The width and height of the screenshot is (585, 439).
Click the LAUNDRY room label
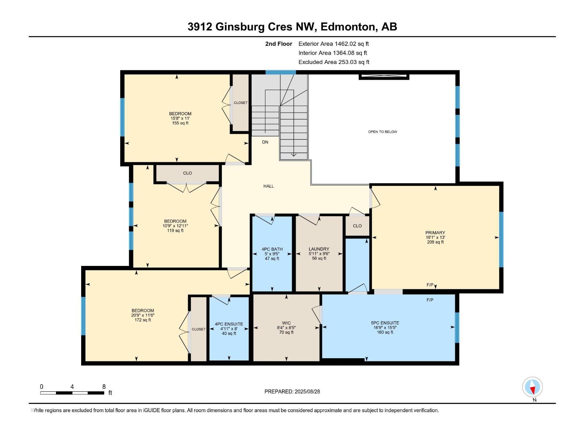pyautogui.click(x=319, y=249)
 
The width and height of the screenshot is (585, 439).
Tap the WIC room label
pyautogui.click(x=286, y=323)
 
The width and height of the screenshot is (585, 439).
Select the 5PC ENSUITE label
pyautogui.click(x=385, y=323)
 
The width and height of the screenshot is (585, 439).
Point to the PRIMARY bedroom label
pyautogui.click(x=435, y=233)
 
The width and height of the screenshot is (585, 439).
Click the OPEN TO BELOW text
pyautogui.click(x=382, y=132)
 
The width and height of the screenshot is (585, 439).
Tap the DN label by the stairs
pyautogui.click(x=265, y=142)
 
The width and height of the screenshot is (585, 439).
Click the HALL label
pyautogui.click(x=269, y=186)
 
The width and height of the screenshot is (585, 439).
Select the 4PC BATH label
pyautogui.click(x=272, y=249)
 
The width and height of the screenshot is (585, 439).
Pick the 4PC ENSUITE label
pyautogui.click(x=229, y=324)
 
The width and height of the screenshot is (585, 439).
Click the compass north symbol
pyautogui.click(x=533, y=387)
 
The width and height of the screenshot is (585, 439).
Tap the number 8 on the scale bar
pyautogui.click(x=104, y=387)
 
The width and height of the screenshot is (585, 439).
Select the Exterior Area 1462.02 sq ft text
pyautogui.click(x=333, y=44)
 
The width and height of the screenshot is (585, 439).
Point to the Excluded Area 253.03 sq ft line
pyautogui.click(x=333, y=62)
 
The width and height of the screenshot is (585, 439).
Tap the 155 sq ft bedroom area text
pyautogui.click(x=180, y=123)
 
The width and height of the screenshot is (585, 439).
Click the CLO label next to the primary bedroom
pyautogui.click(x=357, y=226)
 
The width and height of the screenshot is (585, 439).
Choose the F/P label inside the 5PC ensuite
pyautogui.click(x=430, y=300)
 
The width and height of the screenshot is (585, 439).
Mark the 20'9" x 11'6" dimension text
pyautogui.click(x=143, y=315)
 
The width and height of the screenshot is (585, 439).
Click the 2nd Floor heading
pyautogui.click(x=279, y=44)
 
